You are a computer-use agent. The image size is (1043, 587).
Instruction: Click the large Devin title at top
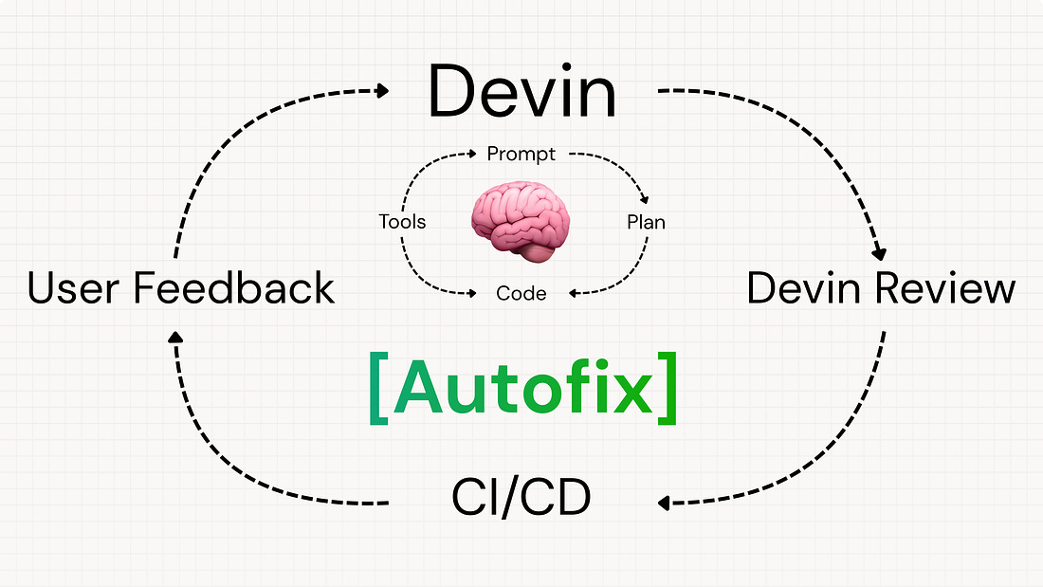(522, 92)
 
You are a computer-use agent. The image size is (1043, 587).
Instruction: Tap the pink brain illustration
(520, 224)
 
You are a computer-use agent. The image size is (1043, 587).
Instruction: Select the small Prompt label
(521, 153)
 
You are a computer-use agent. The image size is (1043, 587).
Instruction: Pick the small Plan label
(646, 223)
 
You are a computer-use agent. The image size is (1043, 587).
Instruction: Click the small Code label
(521, 294)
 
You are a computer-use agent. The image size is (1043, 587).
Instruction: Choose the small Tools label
(402, 223)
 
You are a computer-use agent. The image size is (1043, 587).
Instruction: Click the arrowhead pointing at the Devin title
(382, 91)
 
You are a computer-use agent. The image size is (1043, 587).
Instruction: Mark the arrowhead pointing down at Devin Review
(879, 253)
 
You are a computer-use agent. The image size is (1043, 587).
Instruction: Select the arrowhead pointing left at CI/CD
(665, 503)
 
